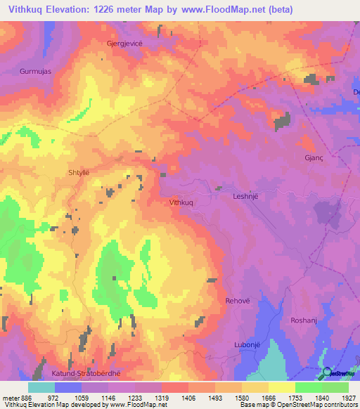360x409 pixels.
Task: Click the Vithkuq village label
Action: coord(181,202)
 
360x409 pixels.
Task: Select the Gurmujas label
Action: coord(36,72)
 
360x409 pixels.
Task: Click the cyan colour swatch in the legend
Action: coord(41,387)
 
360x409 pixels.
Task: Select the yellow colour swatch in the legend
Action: coord(281,387)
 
